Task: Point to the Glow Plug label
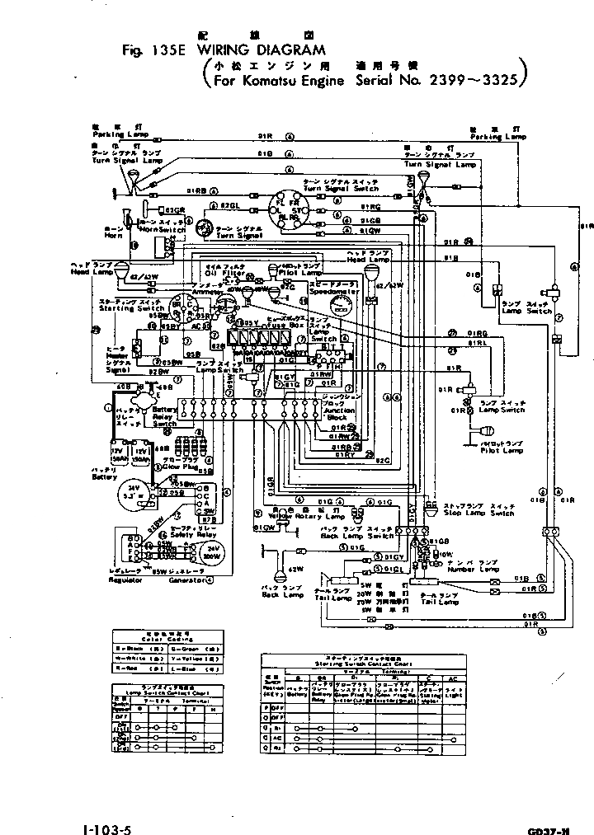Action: [x=177, y=467]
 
